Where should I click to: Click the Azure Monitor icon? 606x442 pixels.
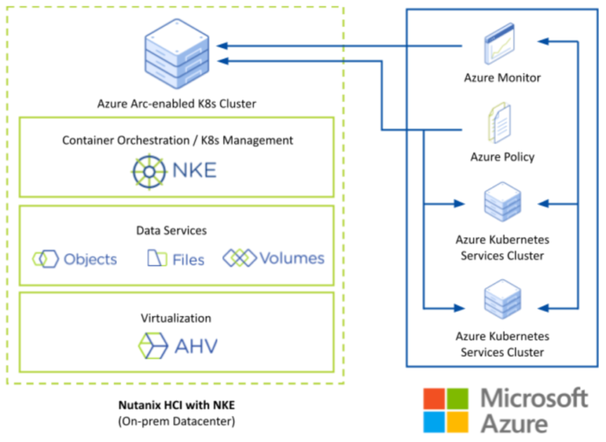pos(501,46)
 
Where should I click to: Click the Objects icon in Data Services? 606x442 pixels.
pos(45,259)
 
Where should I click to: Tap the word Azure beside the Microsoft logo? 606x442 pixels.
pos(514,424)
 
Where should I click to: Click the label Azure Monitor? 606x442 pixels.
pos(502,78)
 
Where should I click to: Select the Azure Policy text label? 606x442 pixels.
pos(502,156)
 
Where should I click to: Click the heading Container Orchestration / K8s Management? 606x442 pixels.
pos(178,140)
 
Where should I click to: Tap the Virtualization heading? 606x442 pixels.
pos(176,318)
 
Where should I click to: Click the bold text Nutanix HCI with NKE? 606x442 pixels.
pos(176,406)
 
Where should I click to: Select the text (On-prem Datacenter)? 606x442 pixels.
pos(176,421)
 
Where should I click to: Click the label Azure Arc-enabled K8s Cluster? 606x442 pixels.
pos(177,103)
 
